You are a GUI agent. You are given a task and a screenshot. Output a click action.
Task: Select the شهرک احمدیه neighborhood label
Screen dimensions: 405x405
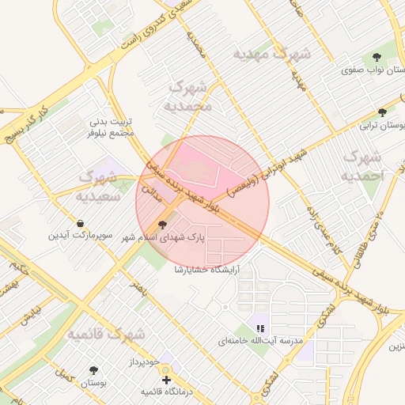click(364, 164)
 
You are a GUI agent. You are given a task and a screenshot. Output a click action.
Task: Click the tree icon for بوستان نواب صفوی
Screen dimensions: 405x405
click(377, 58)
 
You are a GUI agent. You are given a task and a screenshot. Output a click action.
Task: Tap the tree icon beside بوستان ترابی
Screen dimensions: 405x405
click(384, 112)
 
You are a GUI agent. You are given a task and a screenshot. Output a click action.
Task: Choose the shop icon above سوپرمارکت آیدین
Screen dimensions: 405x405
click(81, 224)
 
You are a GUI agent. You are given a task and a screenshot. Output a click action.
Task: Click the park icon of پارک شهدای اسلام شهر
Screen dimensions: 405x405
click(164, 225)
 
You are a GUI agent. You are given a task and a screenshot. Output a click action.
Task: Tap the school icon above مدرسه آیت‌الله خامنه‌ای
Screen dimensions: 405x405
click(260, 328)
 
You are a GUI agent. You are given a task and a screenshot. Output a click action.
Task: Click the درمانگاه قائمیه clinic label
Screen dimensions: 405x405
click(168, 391)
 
